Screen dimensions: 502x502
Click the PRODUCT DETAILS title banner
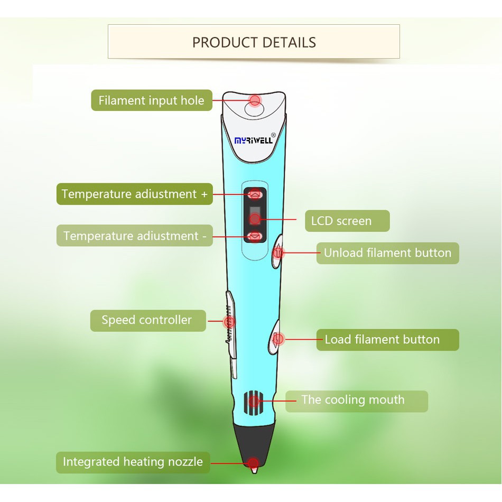pos(254,42)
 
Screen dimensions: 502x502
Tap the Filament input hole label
pos(151,100)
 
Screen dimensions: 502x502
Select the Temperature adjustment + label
pos(134,194)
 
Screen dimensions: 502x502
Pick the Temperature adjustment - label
pos(134,236)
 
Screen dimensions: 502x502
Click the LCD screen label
pos(347,221)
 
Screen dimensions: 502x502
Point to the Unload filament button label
pos(387,253)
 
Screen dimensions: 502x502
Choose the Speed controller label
pos(147,320)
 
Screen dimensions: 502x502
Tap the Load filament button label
pos(387,340)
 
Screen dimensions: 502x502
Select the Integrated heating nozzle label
pos(133,462)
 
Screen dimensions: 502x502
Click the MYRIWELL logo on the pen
pos(254,141)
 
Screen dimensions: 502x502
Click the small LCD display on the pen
pos(255,216)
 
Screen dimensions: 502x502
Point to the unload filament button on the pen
pos(277,253)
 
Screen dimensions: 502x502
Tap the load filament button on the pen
pos(277,339)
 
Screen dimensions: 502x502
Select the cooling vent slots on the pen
pos(253,402)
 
